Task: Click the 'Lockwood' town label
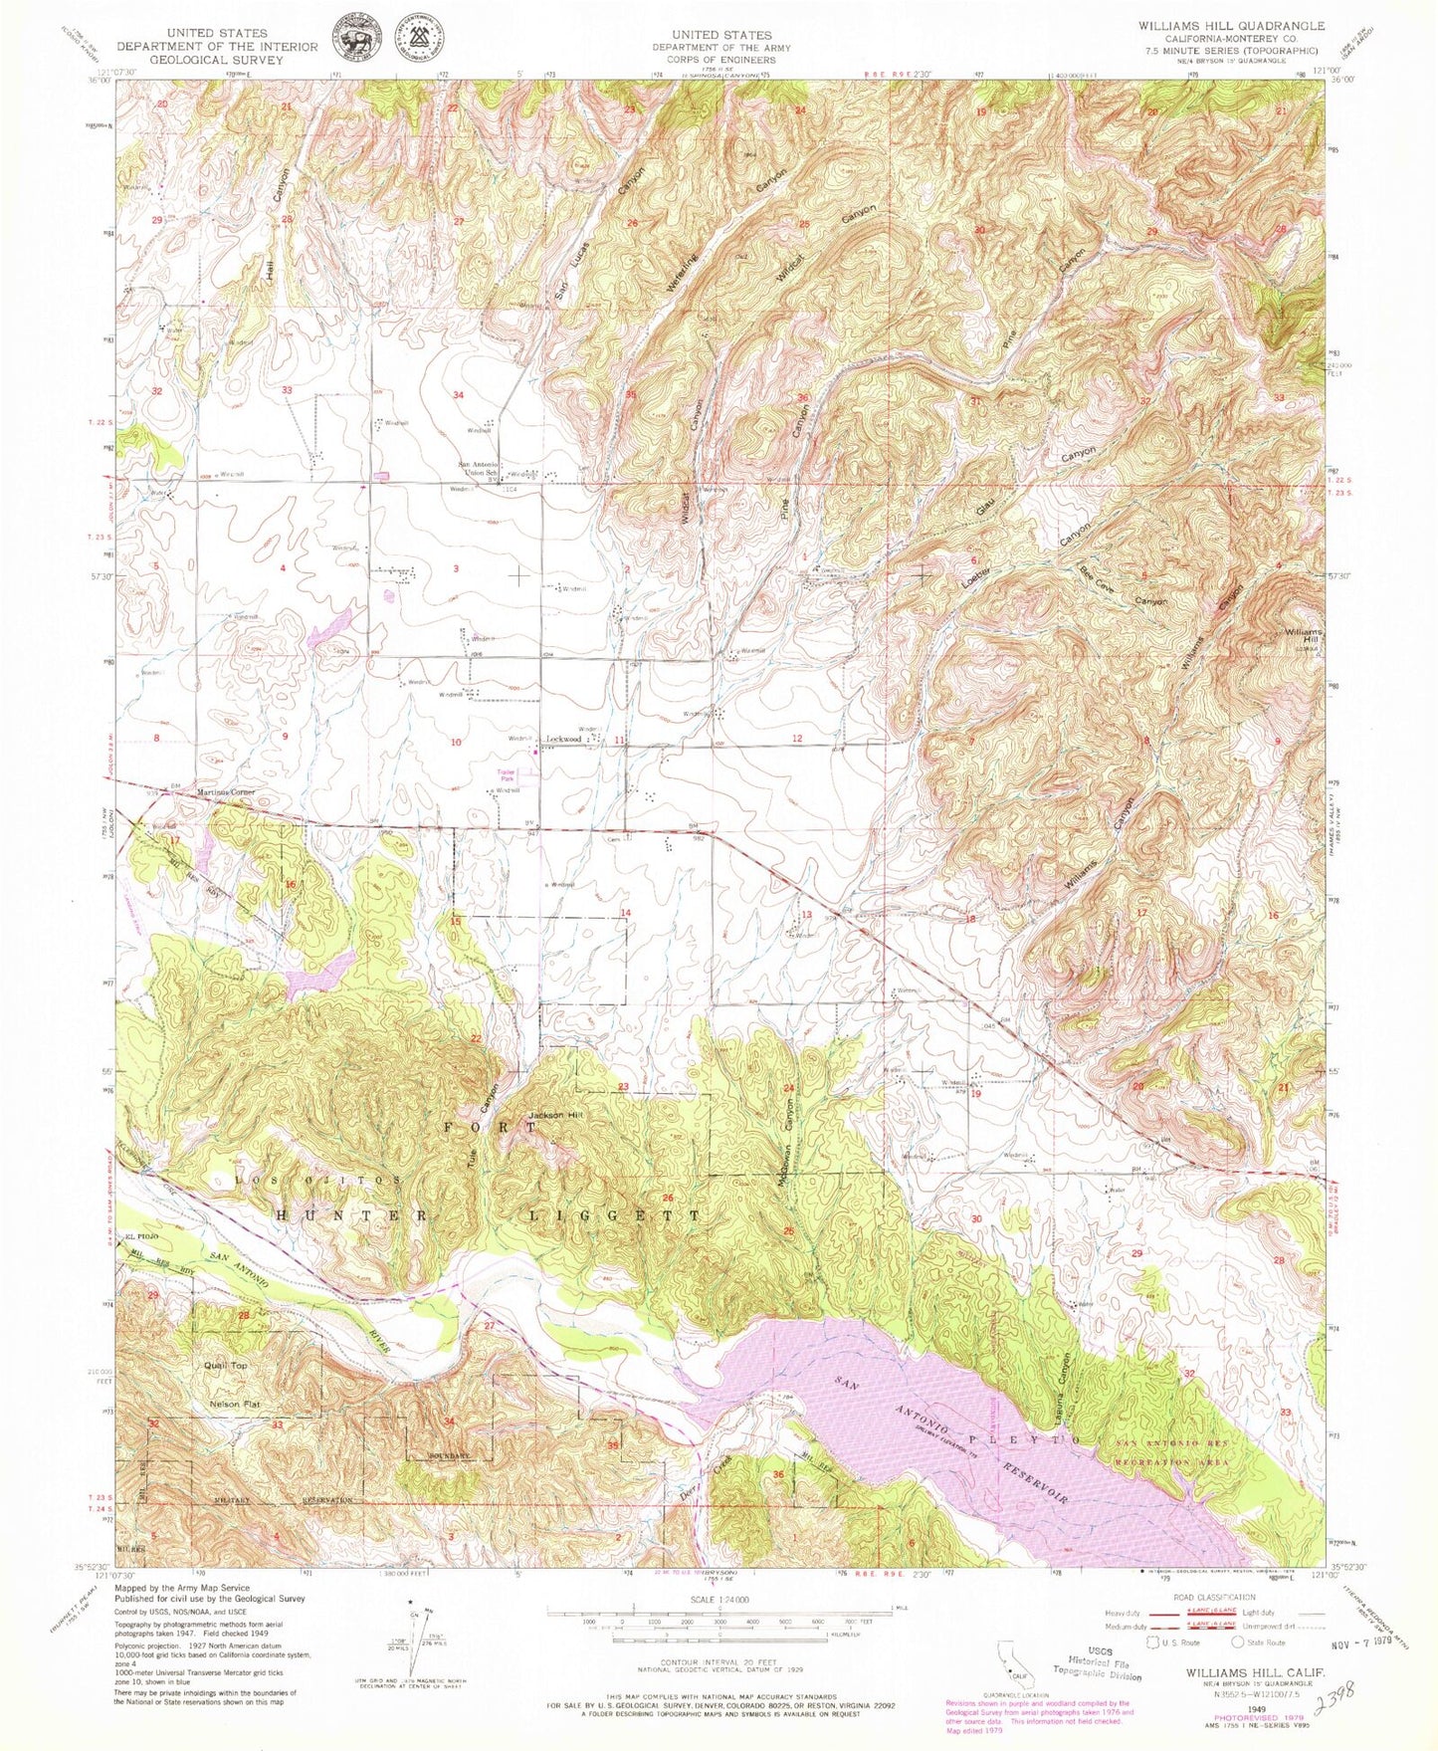pos(564,740)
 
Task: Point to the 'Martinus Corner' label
pos(227,792)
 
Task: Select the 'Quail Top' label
pos(226,1366)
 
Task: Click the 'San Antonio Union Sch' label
pos(476,469)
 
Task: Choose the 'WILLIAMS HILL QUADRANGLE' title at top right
pos(1232,26)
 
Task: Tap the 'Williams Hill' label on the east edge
pos(1302,638)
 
